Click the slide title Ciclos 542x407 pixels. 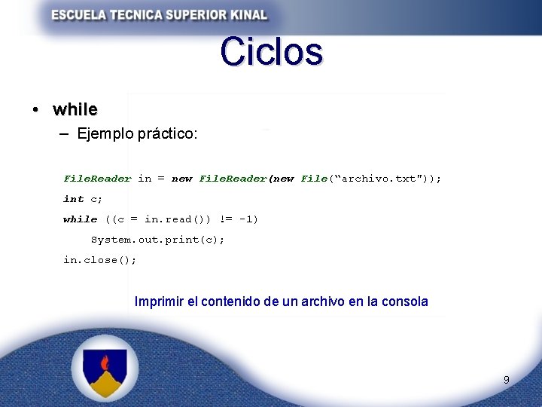(x=272, y=52)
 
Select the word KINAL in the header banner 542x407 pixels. (x=245, y=14)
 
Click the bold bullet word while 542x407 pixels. (x=75, y=109)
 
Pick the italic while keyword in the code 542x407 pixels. (x=80, y=219)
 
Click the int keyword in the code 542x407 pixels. (x=73, y=199)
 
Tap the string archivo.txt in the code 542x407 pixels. (x=379, y=179)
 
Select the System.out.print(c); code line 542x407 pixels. (x=157, y=240)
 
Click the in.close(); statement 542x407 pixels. (x=99, y=260)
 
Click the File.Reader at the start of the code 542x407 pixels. (x=97, y=179)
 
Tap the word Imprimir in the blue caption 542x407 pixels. (x=158, y=301)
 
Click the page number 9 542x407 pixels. (x=506, y=380)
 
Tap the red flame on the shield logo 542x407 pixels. (x=105, y=363)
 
